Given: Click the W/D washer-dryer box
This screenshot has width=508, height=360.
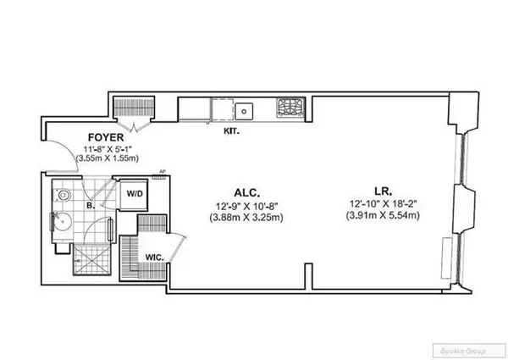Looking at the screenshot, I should [x=135, y=194].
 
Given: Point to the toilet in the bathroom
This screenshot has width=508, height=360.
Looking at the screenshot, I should [x=64, y=193].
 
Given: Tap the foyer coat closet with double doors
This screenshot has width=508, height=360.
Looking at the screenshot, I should [x=130, y=108].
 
